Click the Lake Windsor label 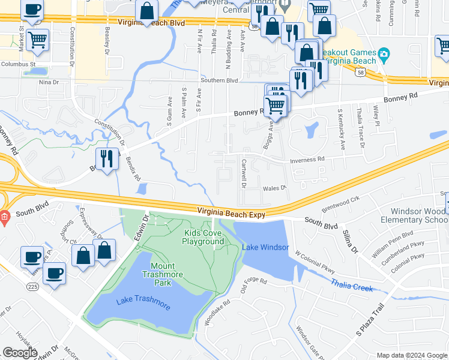pos(265,247)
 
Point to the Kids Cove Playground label pos(203,237)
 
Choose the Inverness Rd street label pos(307,160)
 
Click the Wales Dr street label pos(273,188)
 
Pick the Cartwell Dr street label pos(244,173)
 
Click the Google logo pos(20,353)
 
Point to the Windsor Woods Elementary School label pos(418,215)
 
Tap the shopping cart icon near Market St pos(37,40)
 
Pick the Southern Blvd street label pos(219,80)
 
